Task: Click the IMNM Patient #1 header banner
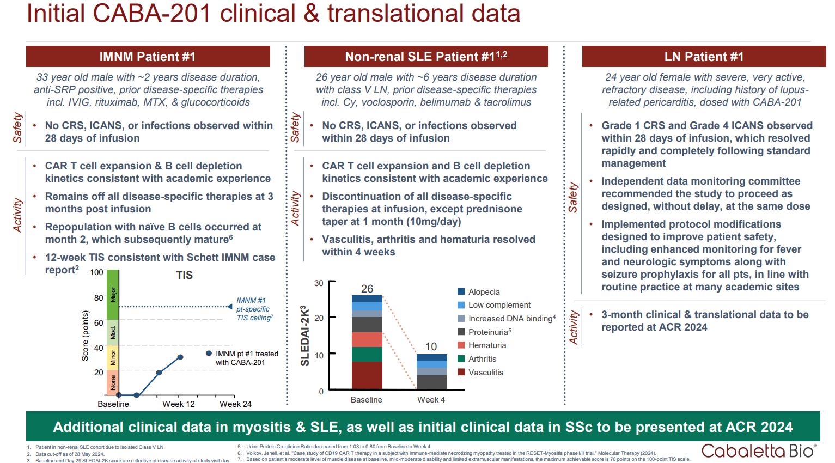pyautogui.click(x=148, y=57)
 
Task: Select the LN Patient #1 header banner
pyautogui.click(x=703, y=57)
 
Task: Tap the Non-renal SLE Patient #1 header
pyautogui.click(x=426, y=57)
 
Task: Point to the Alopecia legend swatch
pyautogui.click(x=461, y=292)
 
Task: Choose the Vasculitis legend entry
pyautogui.click(x=485, y=373)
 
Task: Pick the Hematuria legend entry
pyautogui.click(x=487, y=345)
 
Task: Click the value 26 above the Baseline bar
pyautogui.click(x=367, y=289)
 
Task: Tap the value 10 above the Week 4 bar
pyautogui.click(x=431, y=346)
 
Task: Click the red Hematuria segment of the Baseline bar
pyautogui.click(x=367, y=339)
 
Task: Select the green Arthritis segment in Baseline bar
pyautogui.click(x=367, y=354)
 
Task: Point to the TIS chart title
pyautogui.click(x=184, y=275)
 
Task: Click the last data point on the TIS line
pyautogui.click(x=180, y=357)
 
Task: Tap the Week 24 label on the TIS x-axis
pyautogui.click(x=235, y=404)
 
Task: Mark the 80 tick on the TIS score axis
pyautogui.click(x=99, y=298)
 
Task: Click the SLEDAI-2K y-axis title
pyautogui.click(x=305, y=336)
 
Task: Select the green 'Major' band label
pyautogui.click(x=113, y=294)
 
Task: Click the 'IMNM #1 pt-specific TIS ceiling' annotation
pyautogui.click(x=254, y=309)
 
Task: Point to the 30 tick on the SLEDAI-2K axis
pyautogui.click(x=319, y=283)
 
